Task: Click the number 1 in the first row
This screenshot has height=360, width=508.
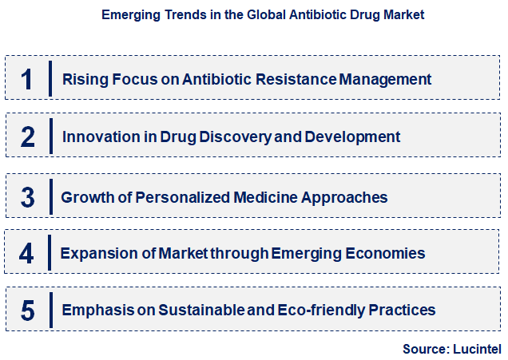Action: pyautogui.click(x=27, y=79)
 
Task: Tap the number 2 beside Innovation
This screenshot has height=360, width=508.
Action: pyautogui.click(x=28, y=136)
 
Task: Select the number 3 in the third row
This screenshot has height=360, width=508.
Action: pyautogui.click(x=28, y=196)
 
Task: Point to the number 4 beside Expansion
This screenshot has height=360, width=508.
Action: pyautogui.click(x=27, y=254)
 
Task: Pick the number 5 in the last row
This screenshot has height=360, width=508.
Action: pyautogui.click(x=28, y=311)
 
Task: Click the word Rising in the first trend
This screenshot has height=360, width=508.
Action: pyautogui.click(x=81, y=79)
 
